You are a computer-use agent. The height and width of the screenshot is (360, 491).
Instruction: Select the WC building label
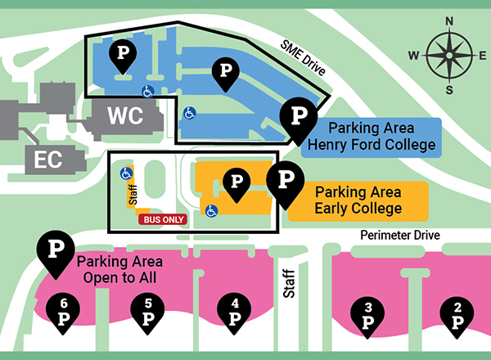[126, 116]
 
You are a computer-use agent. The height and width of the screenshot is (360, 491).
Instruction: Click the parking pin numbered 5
[148, 313]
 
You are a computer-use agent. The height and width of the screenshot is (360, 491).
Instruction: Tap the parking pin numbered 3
[367, 315]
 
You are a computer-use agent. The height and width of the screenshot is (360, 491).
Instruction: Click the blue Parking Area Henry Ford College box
[371, 137]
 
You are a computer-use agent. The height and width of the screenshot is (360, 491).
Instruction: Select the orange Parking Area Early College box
[358, 200]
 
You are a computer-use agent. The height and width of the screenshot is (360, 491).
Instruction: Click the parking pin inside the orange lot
[237, 182]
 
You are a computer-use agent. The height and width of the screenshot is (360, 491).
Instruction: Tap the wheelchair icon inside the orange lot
[211, 210]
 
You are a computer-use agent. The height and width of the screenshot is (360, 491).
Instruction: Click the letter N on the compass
[448, 22]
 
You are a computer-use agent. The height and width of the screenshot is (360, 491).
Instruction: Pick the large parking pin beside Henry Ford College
[299, 118]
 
